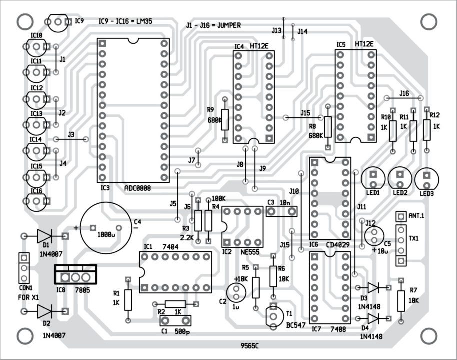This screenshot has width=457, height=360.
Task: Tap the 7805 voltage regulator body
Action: (x=75, y=276)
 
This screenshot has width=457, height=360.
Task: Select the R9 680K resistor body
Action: (x=225, y=120)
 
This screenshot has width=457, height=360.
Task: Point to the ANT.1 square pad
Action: (x=400, y=216)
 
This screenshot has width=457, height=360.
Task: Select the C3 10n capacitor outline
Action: (x=282, y=212)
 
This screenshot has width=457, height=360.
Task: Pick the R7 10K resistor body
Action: (x=400, y=301)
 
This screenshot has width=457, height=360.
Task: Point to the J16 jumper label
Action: (x=404, y=93)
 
